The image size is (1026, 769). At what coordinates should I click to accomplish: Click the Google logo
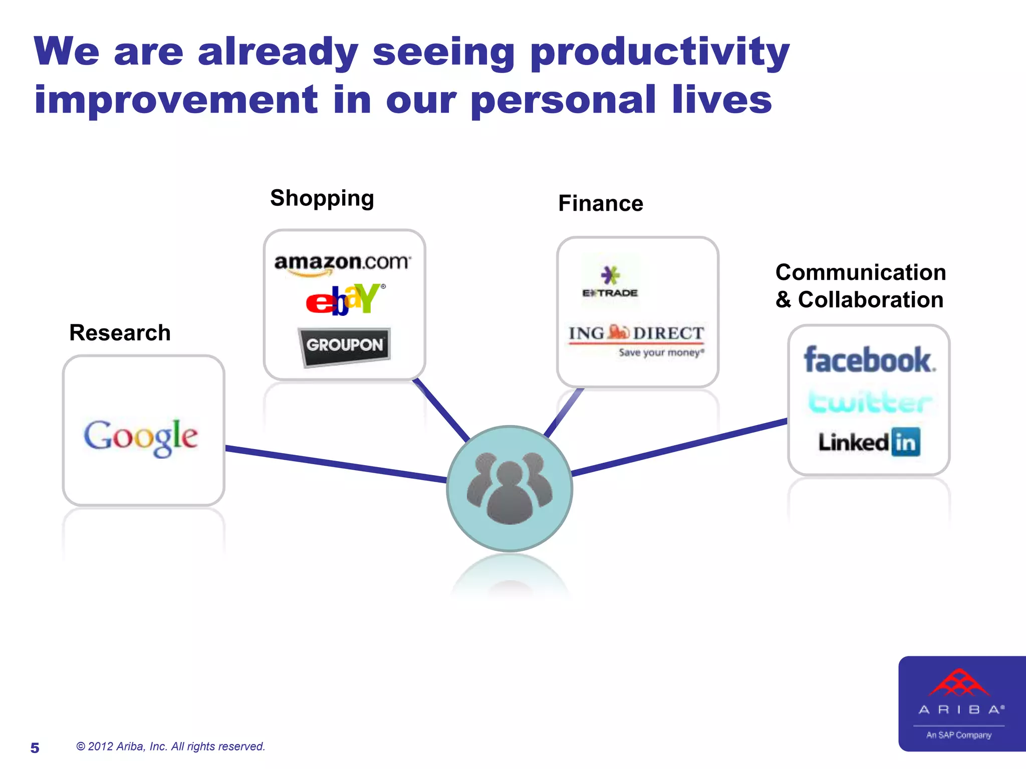pyautogui.click(x=141, y=437)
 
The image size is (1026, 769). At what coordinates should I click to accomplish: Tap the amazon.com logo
pyautogui.click(x=343, y=263)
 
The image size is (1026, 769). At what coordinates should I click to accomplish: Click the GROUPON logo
pyautogui.click(x=345, y=345)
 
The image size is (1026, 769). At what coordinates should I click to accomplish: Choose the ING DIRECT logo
pyautogui.click(x=636, y=339)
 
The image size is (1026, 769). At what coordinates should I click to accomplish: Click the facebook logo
pyautogui.click(x=869, y=360)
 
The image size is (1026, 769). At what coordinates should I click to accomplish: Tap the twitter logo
pyautogui.click(x=870, y=402)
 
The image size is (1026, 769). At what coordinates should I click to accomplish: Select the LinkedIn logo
pyautogui.click(x=869, y=442)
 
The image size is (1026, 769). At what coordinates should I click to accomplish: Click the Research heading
pyautogui.click(x=120, y=333)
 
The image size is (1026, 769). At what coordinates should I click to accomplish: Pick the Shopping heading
pyautogui.click(x=322, y=198)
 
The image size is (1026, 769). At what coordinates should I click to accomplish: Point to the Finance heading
pyautogui.click(x=601, y=204)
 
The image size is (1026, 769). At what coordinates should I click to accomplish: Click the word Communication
pyautogui.click(x=861, y=273)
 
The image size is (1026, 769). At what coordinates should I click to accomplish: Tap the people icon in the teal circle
pyautogui.click(x=509, y=489)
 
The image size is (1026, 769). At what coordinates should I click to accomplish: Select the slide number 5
pyautogui.click(x=35, y=748)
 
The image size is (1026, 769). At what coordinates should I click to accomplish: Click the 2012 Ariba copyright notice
pyautogui.click(x=170, y=746)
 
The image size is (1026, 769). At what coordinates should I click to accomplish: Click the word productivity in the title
pyautogui.click(x=659, y=53)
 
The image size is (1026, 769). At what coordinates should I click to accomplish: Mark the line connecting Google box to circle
pyautogui.click(x=336, y=464)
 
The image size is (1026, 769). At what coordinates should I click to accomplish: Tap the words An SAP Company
pyautogui.click(x=958, y=735)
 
